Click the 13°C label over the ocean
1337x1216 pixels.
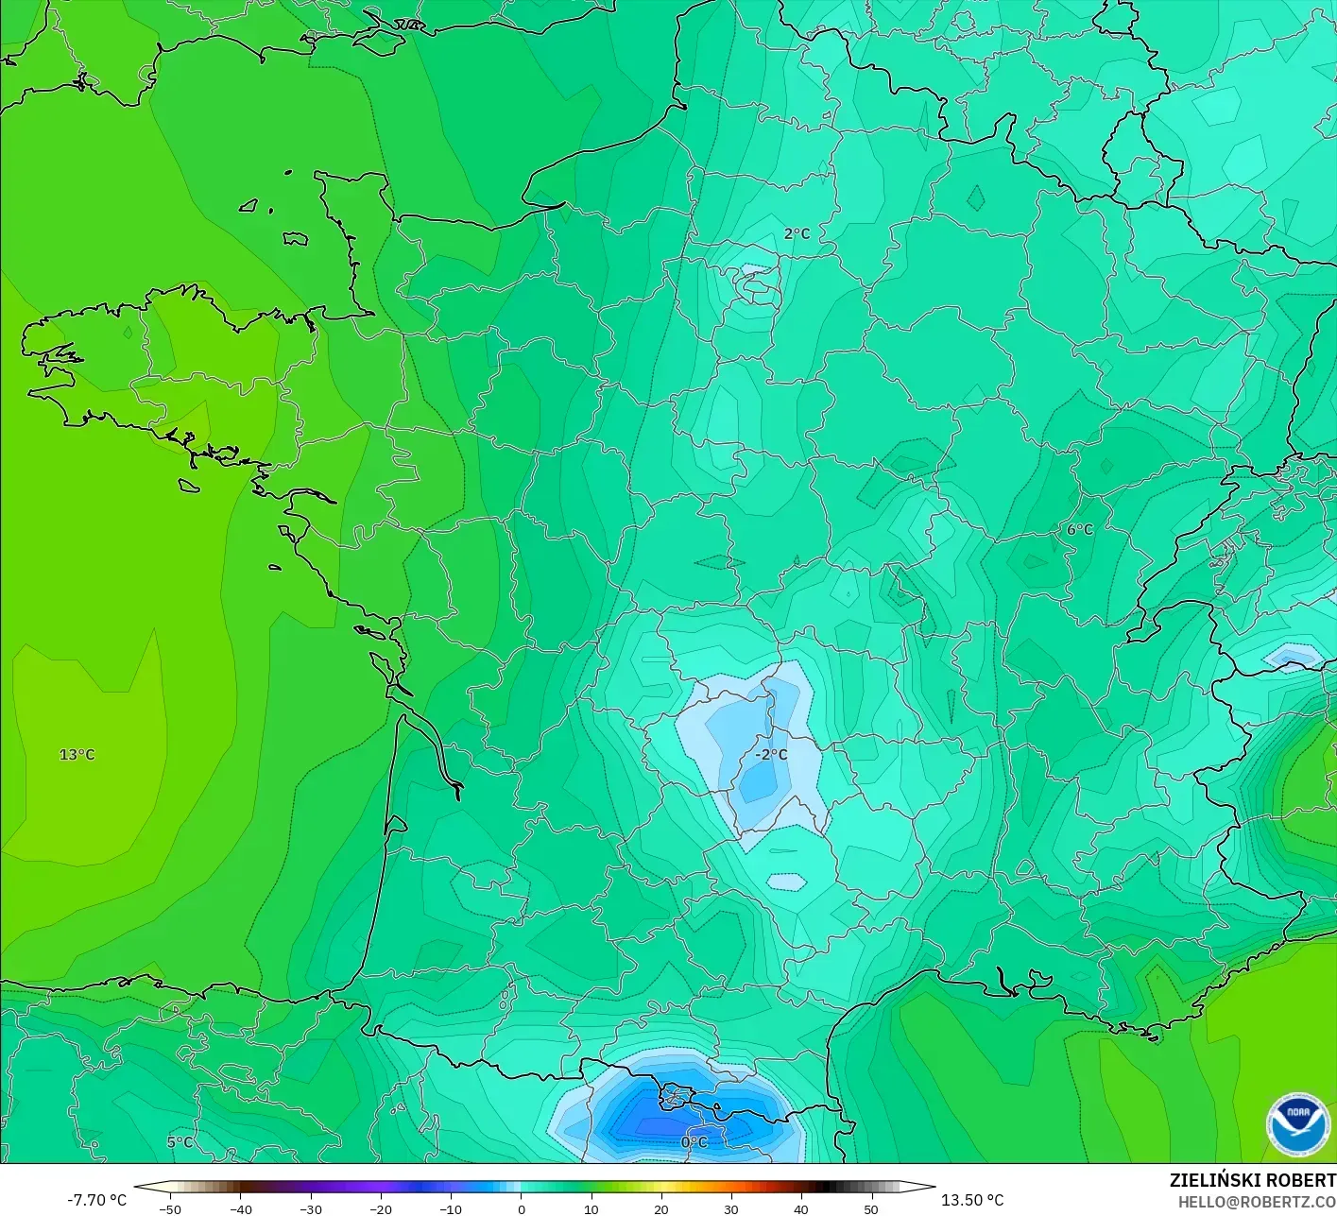pos(77,755)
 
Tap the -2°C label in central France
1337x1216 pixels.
pos(771,755)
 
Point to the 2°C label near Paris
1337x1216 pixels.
pos(797,233)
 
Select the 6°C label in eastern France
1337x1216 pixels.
pos(1079,530)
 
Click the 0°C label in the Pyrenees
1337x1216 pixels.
pos(694,1142)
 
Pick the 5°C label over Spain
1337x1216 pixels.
pos(180,1142)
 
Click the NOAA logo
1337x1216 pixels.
pos(1297,1124)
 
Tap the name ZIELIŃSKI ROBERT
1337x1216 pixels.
pos(1252,1180)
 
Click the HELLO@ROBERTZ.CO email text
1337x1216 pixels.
pos(1257,1202)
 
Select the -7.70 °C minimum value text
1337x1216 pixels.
pos(96,1200)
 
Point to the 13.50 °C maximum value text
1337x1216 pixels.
pos(972,1200)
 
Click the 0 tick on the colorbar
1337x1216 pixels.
pos(521,1209)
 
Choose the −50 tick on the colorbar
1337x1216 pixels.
pos(170,1209)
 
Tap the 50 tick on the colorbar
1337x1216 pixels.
pos(870,1209)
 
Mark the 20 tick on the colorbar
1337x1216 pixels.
pos(660,1209)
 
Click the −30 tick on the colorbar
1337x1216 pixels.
pos(310,1209)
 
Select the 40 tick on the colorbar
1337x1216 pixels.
pos(800,1209)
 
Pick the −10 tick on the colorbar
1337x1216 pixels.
pos(450,1209)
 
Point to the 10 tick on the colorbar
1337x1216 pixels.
pos(591,1209)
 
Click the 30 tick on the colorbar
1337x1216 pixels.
pos(730,1209)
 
